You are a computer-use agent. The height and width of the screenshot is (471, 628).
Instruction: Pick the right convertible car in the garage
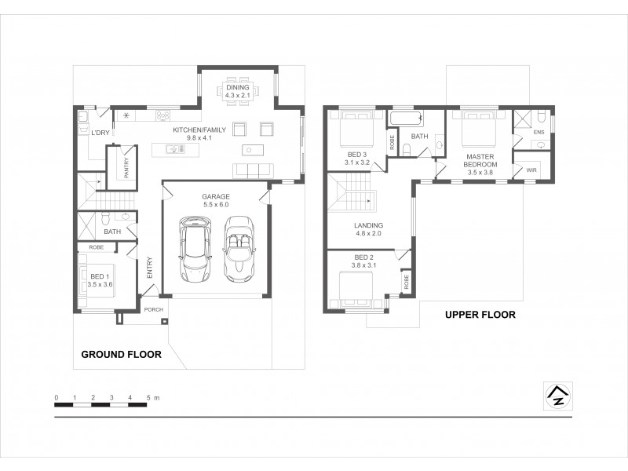point(238,250)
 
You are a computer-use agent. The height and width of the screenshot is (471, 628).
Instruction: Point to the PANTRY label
point(126,167)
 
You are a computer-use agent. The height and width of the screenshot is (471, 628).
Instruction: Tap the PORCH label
point(153,309)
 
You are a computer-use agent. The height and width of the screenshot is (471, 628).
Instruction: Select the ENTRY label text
point(149,268)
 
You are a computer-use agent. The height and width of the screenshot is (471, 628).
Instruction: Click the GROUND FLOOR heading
point(122,355)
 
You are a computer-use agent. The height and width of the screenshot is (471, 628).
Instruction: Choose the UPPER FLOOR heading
point(480,315)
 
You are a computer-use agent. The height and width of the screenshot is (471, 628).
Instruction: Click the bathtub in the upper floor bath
point(407,120)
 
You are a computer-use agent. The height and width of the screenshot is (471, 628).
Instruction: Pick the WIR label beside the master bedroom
point(531,169)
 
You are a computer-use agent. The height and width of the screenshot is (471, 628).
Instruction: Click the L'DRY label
point(100,133)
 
